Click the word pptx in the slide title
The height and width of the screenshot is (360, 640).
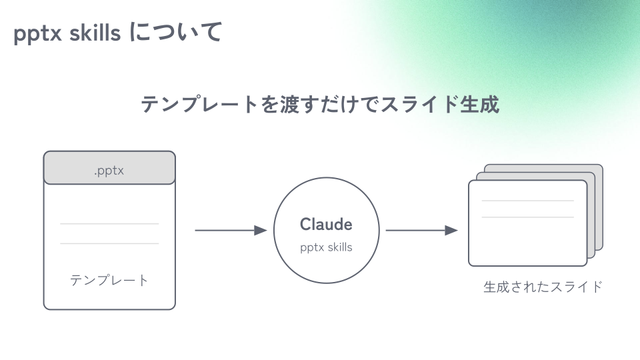click(x=38, y=33)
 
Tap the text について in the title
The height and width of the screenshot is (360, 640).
click(x=175, y=32)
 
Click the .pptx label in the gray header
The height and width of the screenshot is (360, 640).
click(x=109, y=171)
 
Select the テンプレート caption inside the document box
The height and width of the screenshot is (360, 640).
click(x=109, y=280)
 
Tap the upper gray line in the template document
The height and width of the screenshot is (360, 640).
click(x=109, y=223)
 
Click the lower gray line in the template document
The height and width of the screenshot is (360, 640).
click(x=109, y=243)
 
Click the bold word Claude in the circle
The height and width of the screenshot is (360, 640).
click(x=326, y=224)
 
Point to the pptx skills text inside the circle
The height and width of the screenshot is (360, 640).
click(x=326, y=247)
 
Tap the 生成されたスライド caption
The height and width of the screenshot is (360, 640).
click(x=543, y=287)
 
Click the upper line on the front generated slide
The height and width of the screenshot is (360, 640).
click(x=527, y=201)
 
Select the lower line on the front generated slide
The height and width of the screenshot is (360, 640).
click(x=527, y=217)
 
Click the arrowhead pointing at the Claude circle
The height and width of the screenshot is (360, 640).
click(x=261, y=231)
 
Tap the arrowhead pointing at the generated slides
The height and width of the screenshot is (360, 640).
click(x=452, y=231)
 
